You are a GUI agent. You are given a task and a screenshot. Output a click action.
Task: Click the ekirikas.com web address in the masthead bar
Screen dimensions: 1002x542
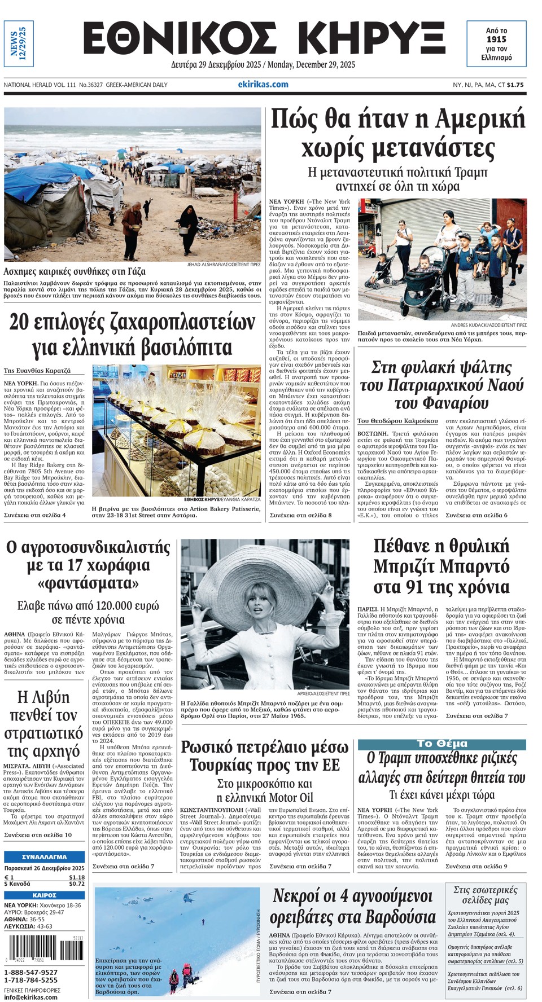pyautogui.click(x=263, y=85)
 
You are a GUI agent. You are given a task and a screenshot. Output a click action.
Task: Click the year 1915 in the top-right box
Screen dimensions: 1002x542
pyautogui.click(x=496, y=39)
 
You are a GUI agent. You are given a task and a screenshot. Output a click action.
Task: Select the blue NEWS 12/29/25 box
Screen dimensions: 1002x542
pyautogui.click(x=19, y=44)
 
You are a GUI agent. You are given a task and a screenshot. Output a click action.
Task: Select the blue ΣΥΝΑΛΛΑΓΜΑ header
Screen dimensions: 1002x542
pyautogui.click(x=45, y=856)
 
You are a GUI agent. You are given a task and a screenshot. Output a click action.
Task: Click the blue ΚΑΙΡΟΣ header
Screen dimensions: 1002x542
pyautogui.click(x=45, y=895)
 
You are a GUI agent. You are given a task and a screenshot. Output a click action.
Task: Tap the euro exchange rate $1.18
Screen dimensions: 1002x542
pyautogui.click(x=77, y=877)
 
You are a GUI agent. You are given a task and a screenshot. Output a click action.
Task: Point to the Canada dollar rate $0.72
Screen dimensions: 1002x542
pyautogui.click(x=77, y=884)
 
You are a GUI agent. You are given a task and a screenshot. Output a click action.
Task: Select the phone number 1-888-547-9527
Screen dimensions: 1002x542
pyautogui.click(x=31, y=972)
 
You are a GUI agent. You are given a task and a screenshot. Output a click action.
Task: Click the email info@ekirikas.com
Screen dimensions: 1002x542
pyautogui.click(x=30, y=997)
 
